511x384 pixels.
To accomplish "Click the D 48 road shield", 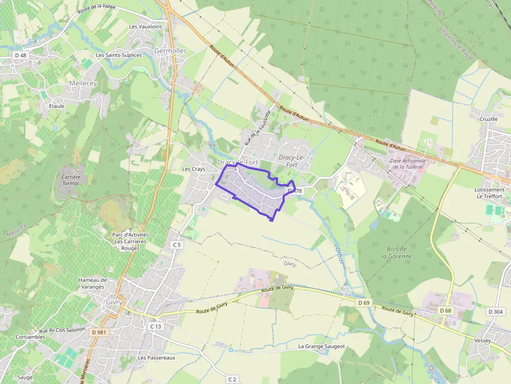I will coord(20,55).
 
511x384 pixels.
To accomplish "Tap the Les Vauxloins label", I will coord(145,27).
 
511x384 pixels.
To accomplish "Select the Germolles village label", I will coord(171,51).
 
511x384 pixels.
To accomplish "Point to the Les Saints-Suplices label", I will coord(119,55).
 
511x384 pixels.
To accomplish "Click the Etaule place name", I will coord(56,106).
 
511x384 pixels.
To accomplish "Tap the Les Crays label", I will coord(193,169).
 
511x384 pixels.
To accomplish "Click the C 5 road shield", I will coord(177,244).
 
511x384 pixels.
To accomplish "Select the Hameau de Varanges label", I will coord(92,283).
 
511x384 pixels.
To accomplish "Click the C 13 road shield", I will coord(156,326).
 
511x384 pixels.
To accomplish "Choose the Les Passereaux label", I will coord(156,358).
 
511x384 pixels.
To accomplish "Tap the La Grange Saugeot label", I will coord(321,346).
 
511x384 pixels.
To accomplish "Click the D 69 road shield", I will coord(363,303).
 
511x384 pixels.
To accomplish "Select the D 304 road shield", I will coord(495,312).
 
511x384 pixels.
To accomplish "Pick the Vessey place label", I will coord(483,340).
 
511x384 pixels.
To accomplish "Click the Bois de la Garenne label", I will coord(396,253).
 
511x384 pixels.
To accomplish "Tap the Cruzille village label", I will coord(489,119).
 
